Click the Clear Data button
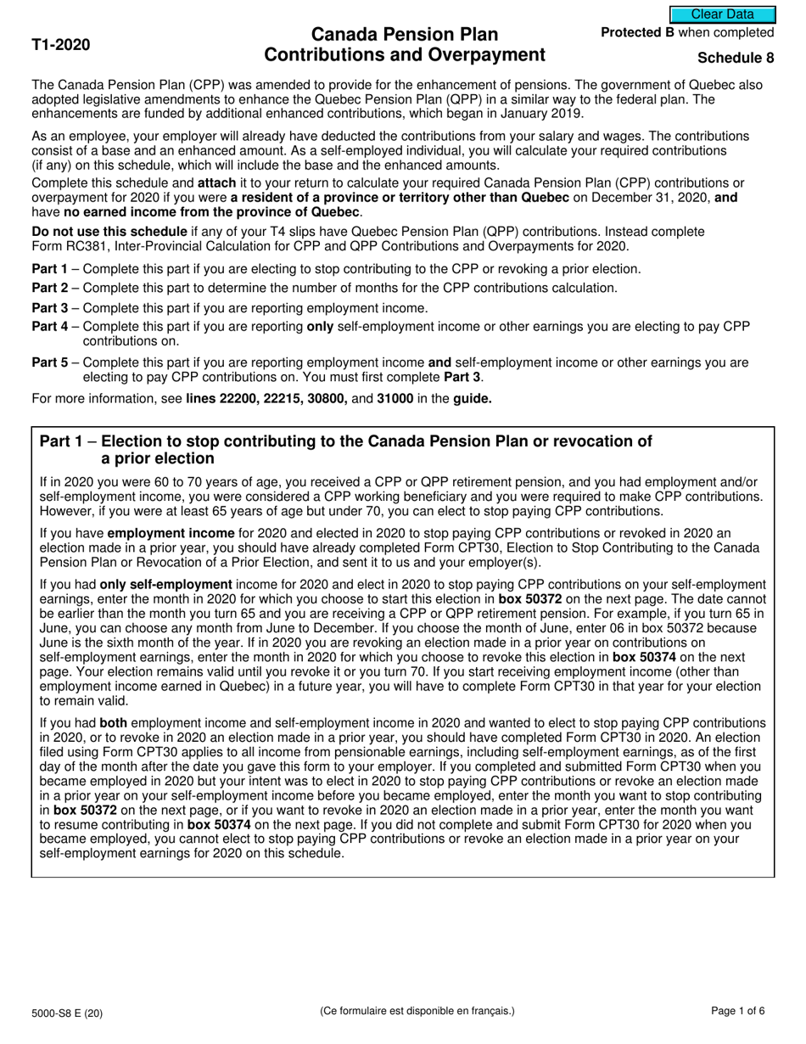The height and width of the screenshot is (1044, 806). coord(722,14)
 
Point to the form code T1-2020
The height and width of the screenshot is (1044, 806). coord(61,45)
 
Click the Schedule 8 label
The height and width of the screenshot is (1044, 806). coord(736,58)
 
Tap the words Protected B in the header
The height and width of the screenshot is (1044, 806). coord(637,33)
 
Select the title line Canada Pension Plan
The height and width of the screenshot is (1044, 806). coord(405,35)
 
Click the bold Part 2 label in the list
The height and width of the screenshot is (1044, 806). coord(50,288)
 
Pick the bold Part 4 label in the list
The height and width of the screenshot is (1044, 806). coord(50,327)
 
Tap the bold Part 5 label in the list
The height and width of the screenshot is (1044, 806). coord(50,362)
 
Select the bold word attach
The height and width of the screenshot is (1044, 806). coord(216,182)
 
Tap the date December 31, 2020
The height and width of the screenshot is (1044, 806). coord(643,197)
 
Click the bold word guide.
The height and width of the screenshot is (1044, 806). coord(473,398)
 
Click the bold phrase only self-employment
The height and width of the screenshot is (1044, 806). coord(165,584)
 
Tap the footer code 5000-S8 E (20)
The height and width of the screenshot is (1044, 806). coord(68,1012)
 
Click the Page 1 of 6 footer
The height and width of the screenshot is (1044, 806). coord(737,1011)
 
